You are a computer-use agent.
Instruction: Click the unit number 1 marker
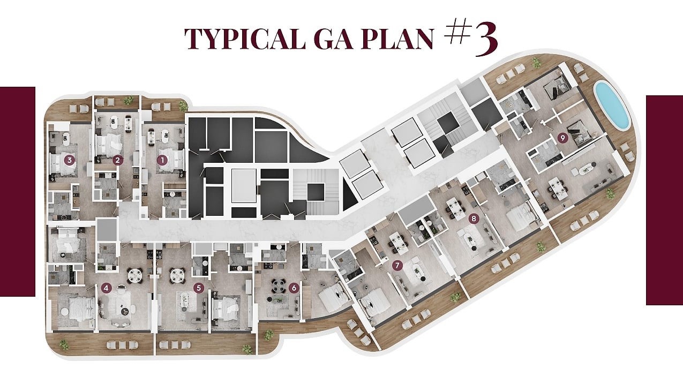point(162,160)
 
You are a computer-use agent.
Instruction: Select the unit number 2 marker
point(118,160)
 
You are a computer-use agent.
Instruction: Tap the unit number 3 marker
point(70,160)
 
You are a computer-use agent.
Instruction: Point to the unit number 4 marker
point(106,288)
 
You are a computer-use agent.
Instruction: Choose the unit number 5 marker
point(199,288)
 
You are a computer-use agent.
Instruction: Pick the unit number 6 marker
point(294,288)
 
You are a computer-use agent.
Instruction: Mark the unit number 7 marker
point(397,266)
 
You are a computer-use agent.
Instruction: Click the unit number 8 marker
point(474,219)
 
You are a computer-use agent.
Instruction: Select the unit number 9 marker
point(563,138)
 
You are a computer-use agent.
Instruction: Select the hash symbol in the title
point(456,32)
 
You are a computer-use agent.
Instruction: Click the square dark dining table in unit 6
point(277,286)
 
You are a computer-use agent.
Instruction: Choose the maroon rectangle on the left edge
point(18,191)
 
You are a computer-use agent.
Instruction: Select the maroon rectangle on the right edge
point(665,200)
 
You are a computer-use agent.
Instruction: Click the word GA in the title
point(333,39)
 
